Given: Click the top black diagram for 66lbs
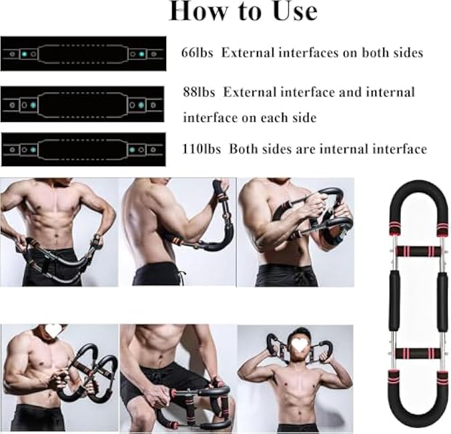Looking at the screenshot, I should [83, 53].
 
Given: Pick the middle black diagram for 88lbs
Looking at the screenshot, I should [83, 104].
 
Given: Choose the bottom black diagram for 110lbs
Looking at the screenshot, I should [83, 150].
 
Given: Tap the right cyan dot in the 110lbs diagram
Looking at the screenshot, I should [141, 150].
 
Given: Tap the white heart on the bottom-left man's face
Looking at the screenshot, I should [54, 331].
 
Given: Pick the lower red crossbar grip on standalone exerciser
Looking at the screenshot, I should [414, 353].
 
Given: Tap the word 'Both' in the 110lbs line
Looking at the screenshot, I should [246, 150].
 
